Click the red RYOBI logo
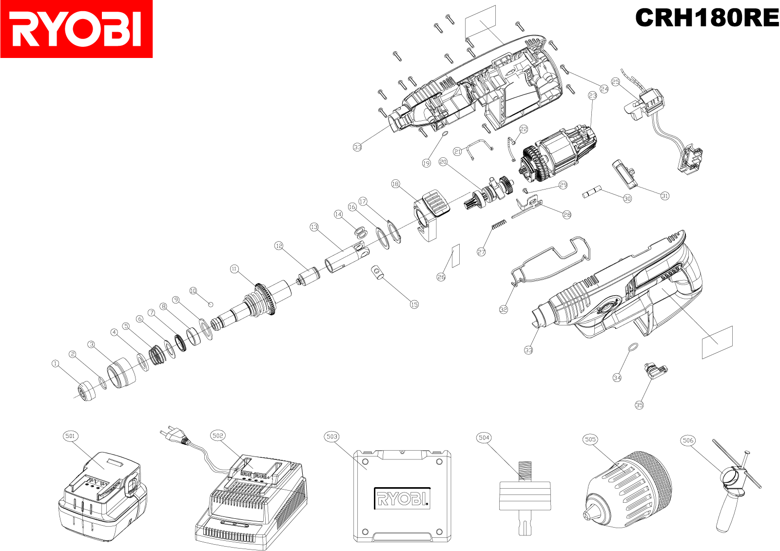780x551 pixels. click(x=77, y=29)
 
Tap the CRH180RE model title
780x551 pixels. click(x=707, y=18)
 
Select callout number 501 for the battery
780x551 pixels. click(x=70, y=436)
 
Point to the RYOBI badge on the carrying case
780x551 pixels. click(x=402, y=498)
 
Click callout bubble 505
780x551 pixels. click(x=590, y=439)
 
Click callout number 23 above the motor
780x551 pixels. click(x=593, y=95)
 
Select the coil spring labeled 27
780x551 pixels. click(x=499, y=225)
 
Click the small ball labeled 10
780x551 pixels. click(x=211, y=304)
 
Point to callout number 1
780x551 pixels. click(x=56, y=363)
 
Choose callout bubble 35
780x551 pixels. click(x=639, y=405)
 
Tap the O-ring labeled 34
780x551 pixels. click(x=632, y=347)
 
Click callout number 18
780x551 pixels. click(x=395, y=184)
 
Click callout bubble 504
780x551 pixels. click(x=484, y=437)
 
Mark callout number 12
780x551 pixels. click(x=279, y=246)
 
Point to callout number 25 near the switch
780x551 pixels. click(x=616, y=82)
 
